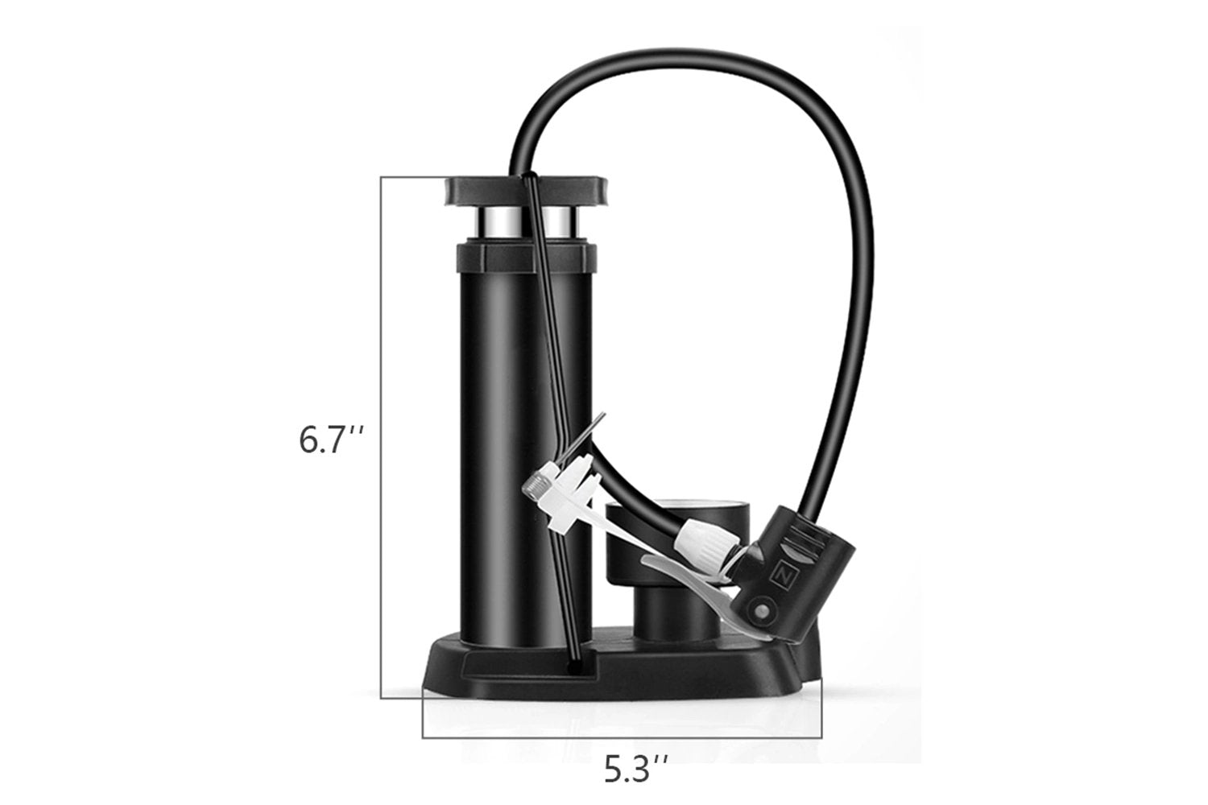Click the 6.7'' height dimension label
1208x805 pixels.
pos(331,440)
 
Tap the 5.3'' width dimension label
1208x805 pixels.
pos(635,769)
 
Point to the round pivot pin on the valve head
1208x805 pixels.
pos(762,612)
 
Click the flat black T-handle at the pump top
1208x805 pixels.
pos(526,191)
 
